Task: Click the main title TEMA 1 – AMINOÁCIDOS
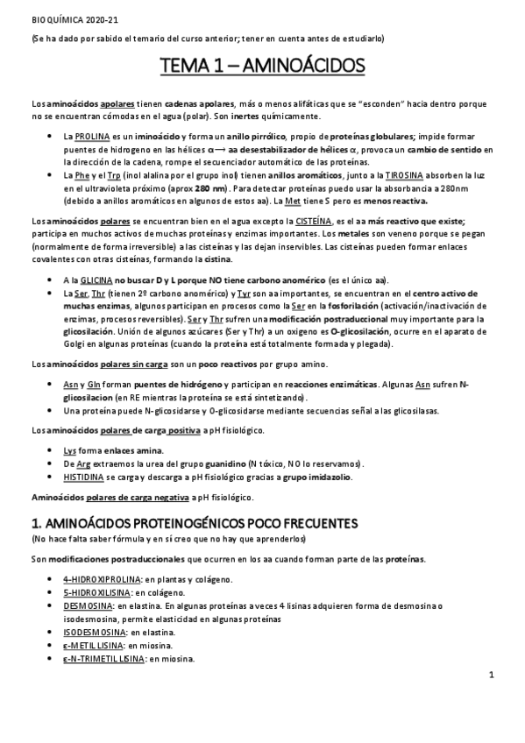point(262,67)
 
